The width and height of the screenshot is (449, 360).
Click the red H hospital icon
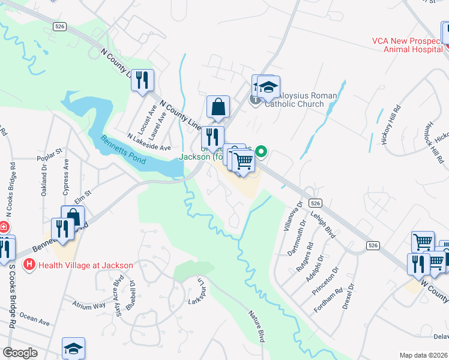pos(28,264)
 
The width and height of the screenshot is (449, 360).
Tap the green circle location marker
pos(261,152)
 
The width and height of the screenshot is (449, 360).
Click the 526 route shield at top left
pos(59,26)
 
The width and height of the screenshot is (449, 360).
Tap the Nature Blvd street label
pos(257,322)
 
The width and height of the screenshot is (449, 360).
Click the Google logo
pos(20,353)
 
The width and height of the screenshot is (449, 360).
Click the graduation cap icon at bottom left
pos(73,348)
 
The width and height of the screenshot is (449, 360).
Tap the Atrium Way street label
pos(89,305)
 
